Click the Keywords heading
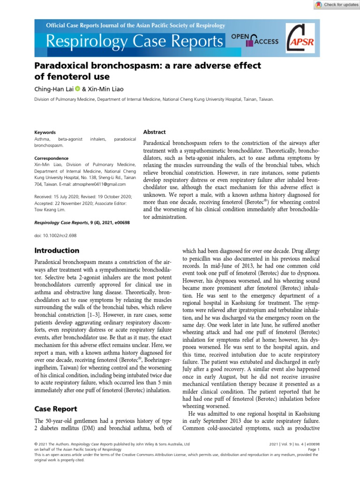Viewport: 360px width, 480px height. pyautogui.click(x=45, y=133)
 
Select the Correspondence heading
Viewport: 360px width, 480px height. pyautogui.click(x=52, y=158)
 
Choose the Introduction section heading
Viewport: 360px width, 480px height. pyautogui.click(x=57, y=250)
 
